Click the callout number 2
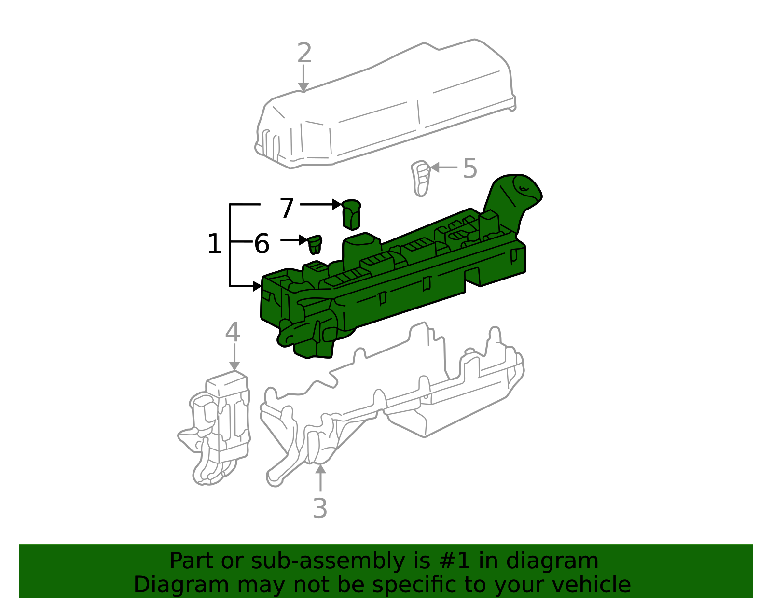click(304, 53)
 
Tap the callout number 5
click(469, 168)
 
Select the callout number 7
click(287, 209)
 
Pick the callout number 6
click(261, 244)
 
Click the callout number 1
click(214, 244)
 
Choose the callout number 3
click(320, 508)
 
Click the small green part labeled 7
click(351, 214)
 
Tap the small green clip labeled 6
click(315, 244)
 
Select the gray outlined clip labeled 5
click(421, 178)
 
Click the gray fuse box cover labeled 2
click(386, 106)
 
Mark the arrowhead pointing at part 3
click(320, 467)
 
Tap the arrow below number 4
click(234, 357)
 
